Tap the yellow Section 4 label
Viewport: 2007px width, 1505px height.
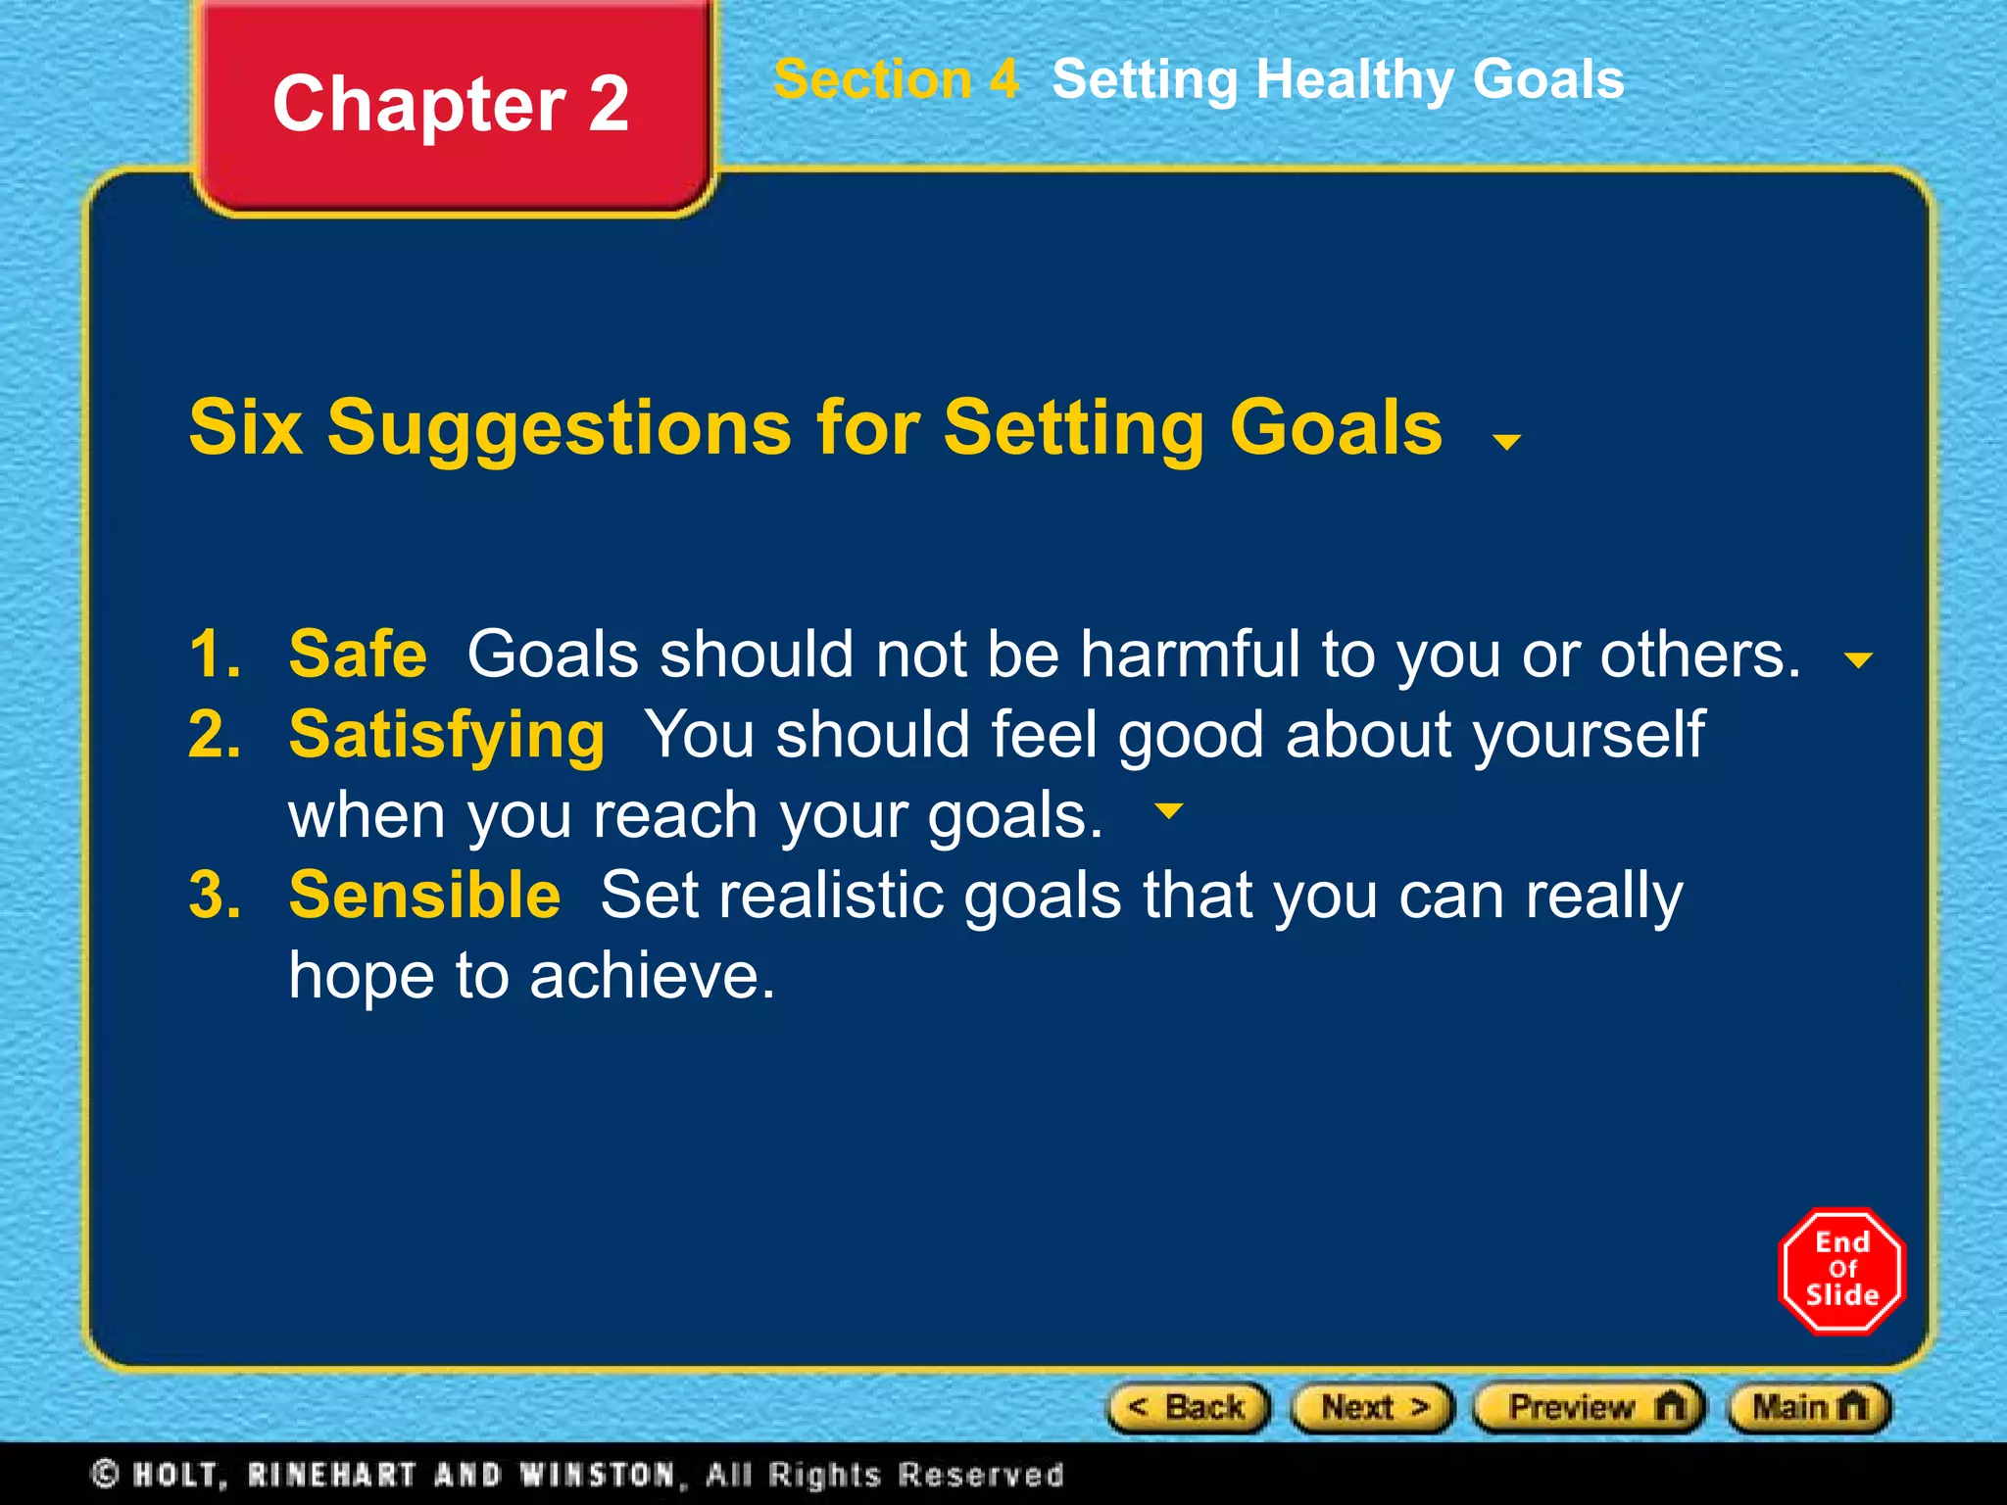(x=896, y=79)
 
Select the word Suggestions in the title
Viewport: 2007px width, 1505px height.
(x=559, y=428)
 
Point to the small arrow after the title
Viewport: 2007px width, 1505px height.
(x=1506, y=442)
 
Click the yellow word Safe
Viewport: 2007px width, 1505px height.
(x=358, y=655)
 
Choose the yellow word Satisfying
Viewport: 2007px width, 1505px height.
(x=447, y=735)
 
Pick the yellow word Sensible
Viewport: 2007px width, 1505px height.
(x=424, y=896)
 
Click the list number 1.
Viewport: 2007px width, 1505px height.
(x=215, y=655)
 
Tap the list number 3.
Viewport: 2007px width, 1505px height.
(x=215, y=896)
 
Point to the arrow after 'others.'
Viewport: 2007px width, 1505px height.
(x=1858, y=660)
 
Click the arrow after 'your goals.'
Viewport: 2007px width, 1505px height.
(x=1169, y=811)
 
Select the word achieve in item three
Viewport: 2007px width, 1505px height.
(x=651, y=976)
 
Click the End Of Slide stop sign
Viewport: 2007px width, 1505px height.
(x=1841, y=1270)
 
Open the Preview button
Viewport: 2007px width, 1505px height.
(x=1590, y=1408)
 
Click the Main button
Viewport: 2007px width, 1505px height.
(x=1808, y=1408)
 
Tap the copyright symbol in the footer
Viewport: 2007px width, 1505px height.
(x=105, y=1474)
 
